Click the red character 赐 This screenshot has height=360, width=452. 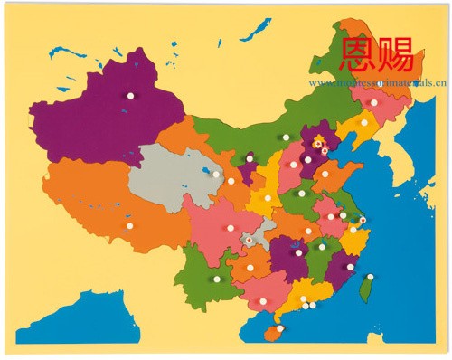[396, 54]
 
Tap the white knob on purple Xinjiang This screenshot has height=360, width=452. [130, 95]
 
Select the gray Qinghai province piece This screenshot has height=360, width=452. [167, 176]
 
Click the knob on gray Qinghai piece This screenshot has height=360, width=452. [216, 175]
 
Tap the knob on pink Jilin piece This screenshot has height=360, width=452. [374, 103]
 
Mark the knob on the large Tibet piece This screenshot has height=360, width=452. [129, 225]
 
